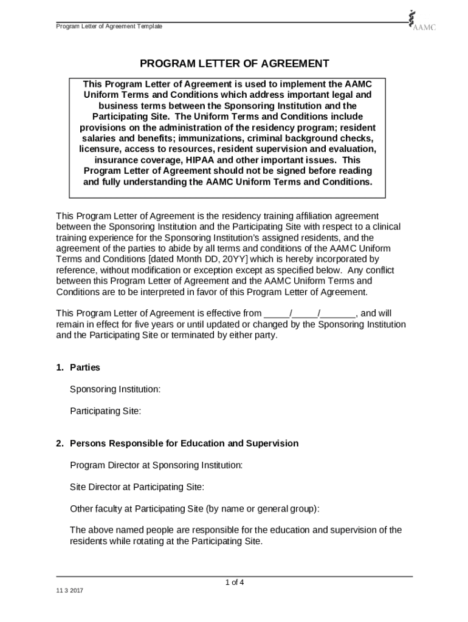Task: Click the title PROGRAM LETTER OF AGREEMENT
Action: click(x=235, y=64)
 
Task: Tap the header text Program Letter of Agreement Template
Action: click(x=109, y=27)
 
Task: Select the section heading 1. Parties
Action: click(x=78, y=367)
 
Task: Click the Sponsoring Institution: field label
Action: click(x=115, y=389)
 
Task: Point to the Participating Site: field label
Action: click(x=105, y=411)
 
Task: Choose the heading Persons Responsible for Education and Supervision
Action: click(x=184, y=443)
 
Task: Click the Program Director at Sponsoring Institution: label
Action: click(x=156, y=465)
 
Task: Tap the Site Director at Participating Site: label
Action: click(x=137, y=487)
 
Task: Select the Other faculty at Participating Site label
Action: click(x=194, y=508)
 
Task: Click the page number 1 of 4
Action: click(x=234, y=583)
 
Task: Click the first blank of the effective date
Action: click(x=277, y=314)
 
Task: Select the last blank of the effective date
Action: click(x=338, y=314)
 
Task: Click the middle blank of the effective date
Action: click(x=306, y=314)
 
